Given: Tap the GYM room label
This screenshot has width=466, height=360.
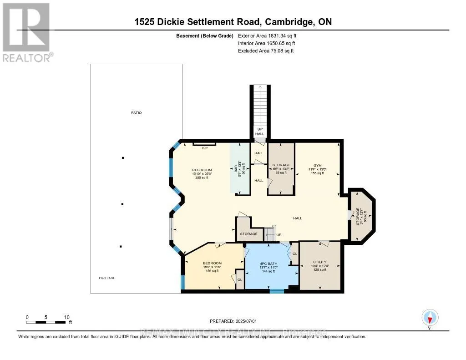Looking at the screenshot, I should coord(317,165).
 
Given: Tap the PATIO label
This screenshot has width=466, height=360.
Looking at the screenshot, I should coord(137,112).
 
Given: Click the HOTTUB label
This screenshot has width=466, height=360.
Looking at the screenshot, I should coord(106,278).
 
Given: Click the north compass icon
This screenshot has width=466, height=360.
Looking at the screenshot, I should coord(430,317).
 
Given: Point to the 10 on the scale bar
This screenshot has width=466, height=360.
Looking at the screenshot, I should coord(66,317).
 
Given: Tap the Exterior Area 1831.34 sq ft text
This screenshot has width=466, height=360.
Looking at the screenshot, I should coord(268,35).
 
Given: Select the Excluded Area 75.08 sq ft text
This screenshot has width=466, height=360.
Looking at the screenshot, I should coord(266,51).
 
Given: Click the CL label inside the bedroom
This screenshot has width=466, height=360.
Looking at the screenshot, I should coord(239,280).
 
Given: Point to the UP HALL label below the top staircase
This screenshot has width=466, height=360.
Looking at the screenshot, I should coord(259,132).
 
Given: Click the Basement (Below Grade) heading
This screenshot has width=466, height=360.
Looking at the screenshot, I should coord(204,35).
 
